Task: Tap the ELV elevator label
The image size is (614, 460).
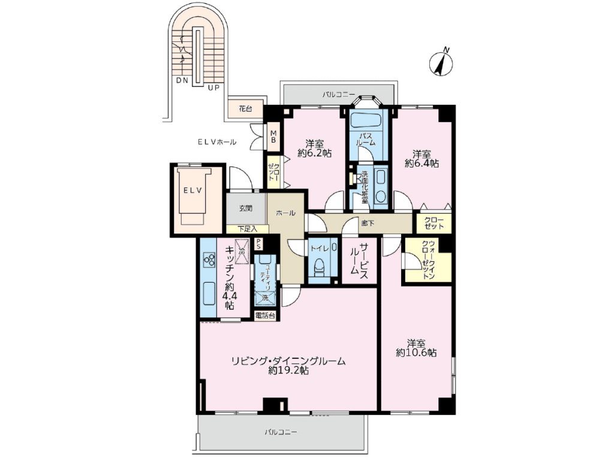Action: [x=193, y=190]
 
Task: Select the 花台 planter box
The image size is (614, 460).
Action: [x=245, y=109]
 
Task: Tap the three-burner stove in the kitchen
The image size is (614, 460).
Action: [x=209, y=259]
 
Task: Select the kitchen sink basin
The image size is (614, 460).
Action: [x=208, y=294]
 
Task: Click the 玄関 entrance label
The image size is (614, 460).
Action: [x=245, y=208]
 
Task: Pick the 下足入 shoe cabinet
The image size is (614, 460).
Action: [x=248, y=229]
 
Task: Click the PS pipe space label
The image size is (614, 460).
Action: [x=258, y=244]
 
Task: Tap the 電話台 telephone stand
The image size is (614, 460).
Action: [x=265, y=315]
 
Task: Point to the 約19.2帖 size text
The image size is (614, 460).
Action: [x=288, y=370]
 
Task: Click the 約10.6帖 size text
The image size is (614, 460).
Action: [x=416, y=353]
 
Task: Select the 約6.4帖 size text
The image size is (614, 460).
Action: [x=422, y=164]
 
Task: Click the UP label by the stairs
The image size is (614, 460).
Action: [x=213, y=88]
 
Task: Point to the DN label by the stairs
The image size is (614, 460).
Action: [x=182, y=80]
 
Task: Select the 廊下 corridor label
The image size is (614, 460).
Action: [x=368, y=223]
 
